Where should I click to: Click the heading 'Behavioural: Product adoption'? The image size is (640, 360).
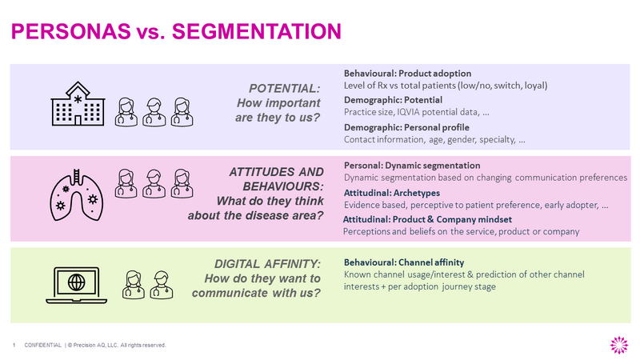[x=407, y=73]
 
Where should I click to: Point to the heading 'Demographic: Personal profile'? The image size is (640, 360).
[x=406, y=127]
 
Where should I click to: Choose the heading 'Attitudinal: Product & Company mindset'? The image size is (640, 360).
[x=427, y=219]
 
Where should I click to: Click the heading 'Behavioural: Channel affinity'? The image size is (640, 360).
[x=403, y=262]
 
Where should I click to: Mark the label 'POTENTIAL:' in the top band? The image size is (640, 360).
[x=286, y=87]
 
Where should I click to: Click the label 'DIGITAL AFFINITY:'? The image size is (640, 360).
[x=268, y=264]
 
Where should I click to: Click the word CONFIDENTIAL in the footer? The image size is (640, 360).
[x=43, y=345]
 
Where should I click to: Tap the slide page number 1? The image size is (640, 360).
[x=14, y=345]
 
